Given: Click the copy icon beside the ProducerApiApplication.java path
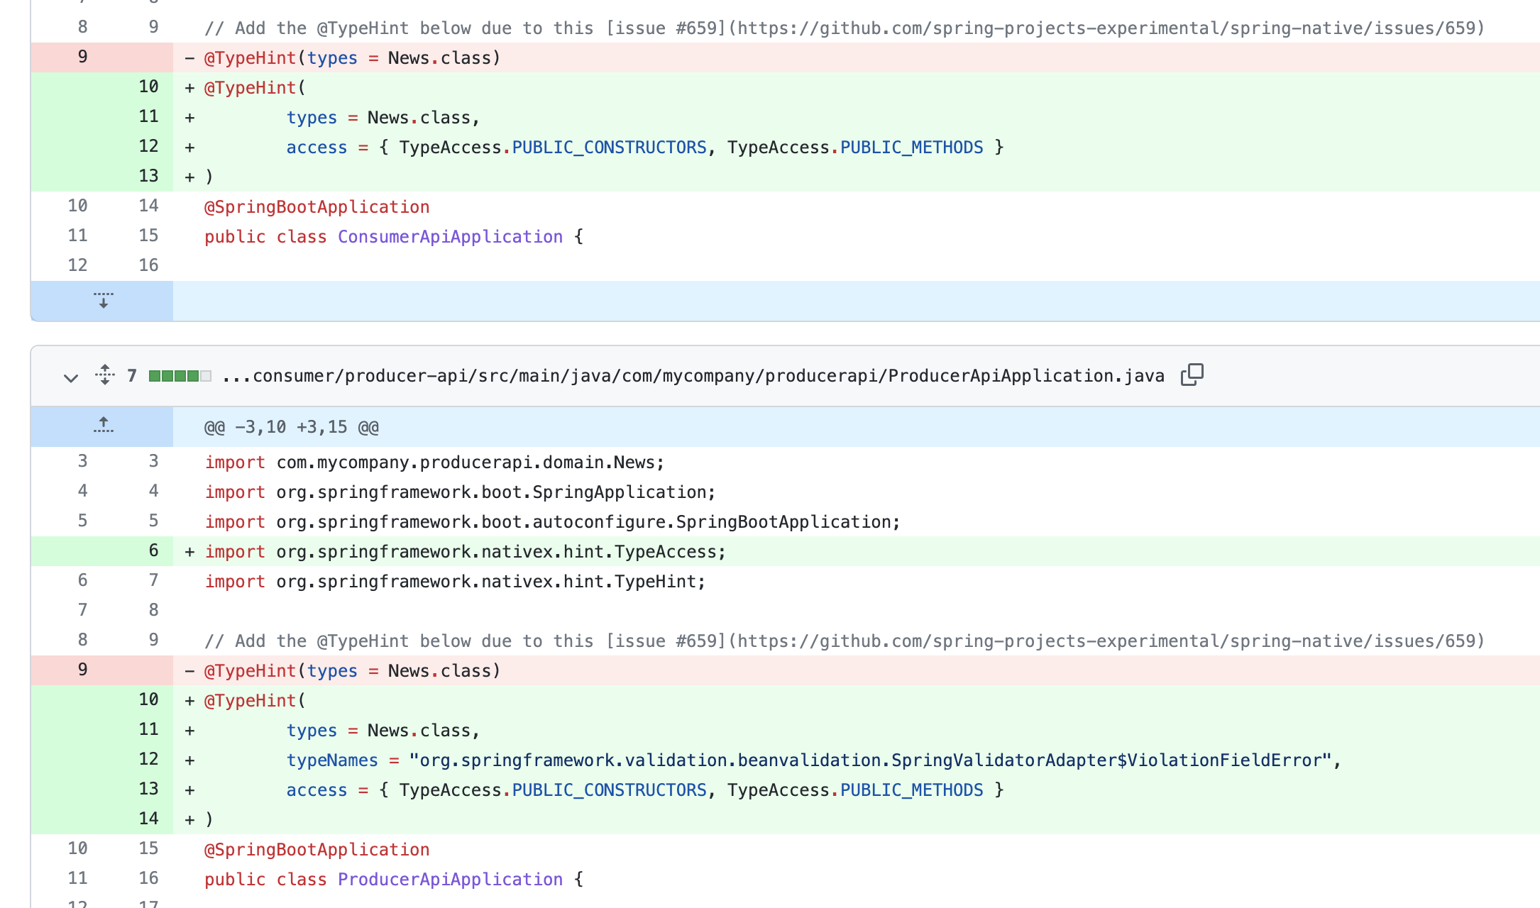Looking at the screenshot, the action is [x=1192, y=375].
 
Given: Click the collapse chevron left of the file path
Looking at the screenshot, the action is [x=70, y=377].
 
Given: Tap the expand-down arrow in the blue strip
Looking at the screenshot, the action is [x=104, y=300].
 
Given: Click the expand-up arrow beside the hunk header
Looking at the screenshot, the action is [x=104, y=426].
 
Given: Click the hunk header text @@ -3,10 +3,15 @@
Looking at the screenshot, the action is [x=291, y=427].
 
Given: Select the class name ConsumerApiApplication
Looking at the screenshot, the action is [x=450, y=237].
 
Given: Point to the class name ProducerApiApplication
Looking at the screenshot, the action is [x=450, y=880].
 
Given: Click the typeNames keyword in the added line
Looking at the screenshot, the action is [x=332, y=760].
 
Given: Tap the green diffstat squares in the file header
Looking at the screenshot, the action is [x=180, y=376].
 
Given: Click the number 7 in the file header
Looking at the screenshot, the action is [x=132, y=376].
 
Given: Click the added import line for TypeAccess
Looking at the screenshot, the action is [x=465, y=552].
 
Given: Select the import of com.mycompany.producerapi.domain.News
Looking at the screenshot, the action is [x=434, y=463].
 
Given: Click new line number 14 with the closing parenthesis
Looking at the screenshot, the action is [x=148, y=819].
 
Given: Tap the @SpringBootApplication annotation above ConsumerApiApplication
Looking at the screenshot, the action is [x=317, y=207].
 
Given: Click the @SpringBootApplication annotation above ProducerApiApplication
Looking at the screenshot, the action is [x=317, y=850].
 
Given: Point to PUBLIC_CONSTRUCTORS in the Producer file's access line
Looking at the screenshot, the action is [x=609, y=790].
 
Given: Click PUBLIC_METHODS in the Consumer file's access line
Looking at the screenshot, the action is [x=911, y=148].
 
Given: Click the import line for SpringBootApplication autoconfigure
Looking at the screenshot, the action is [x=552, y=522].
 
